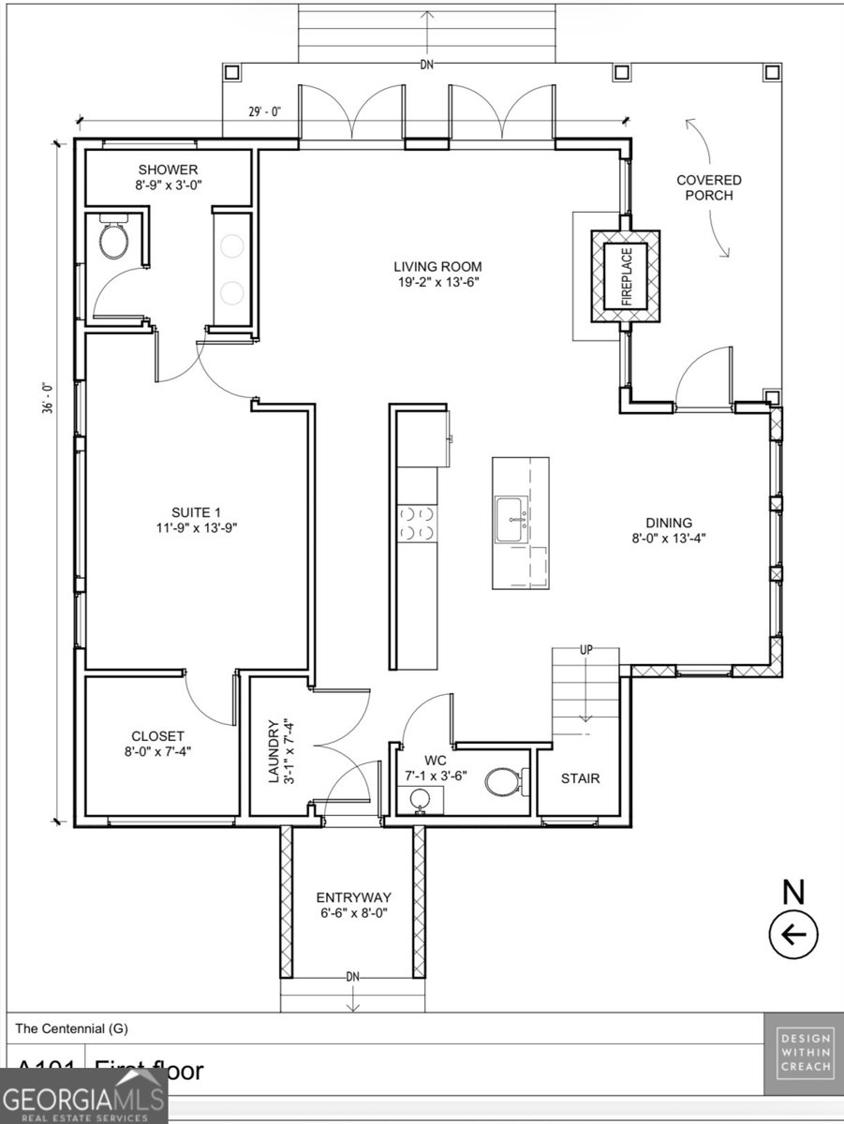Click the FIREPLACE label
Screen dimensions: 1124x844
click(628, 277)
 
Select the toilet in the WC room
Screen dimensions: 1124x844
click(502, 782)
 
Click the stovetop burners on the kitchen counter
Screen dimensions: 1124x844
click(417, 523)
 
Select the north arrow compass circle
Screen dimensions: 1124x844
click(793, 934)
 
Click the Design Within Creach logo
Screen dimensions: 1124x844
click(803, 1053)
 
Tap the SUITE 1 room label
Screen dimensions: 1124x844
click(196, 511)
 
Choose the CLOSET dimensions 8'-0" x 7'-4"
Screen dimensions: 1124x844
click(158, 750)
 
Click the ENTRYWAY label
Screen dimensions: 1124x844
click(353, 896)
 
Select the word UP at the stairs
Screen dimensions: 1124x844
click(585, 649)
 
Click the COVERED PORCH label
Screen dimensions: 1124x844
click(709, 187)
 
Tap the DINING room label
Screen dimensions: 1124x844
click(669, 523)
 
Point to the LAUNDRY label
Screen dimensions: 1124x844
click(274, 751)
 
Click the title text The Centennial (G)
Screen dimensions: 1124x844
click(71, 1028)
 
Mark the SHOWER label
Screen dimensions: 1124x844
click(169, 170)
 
